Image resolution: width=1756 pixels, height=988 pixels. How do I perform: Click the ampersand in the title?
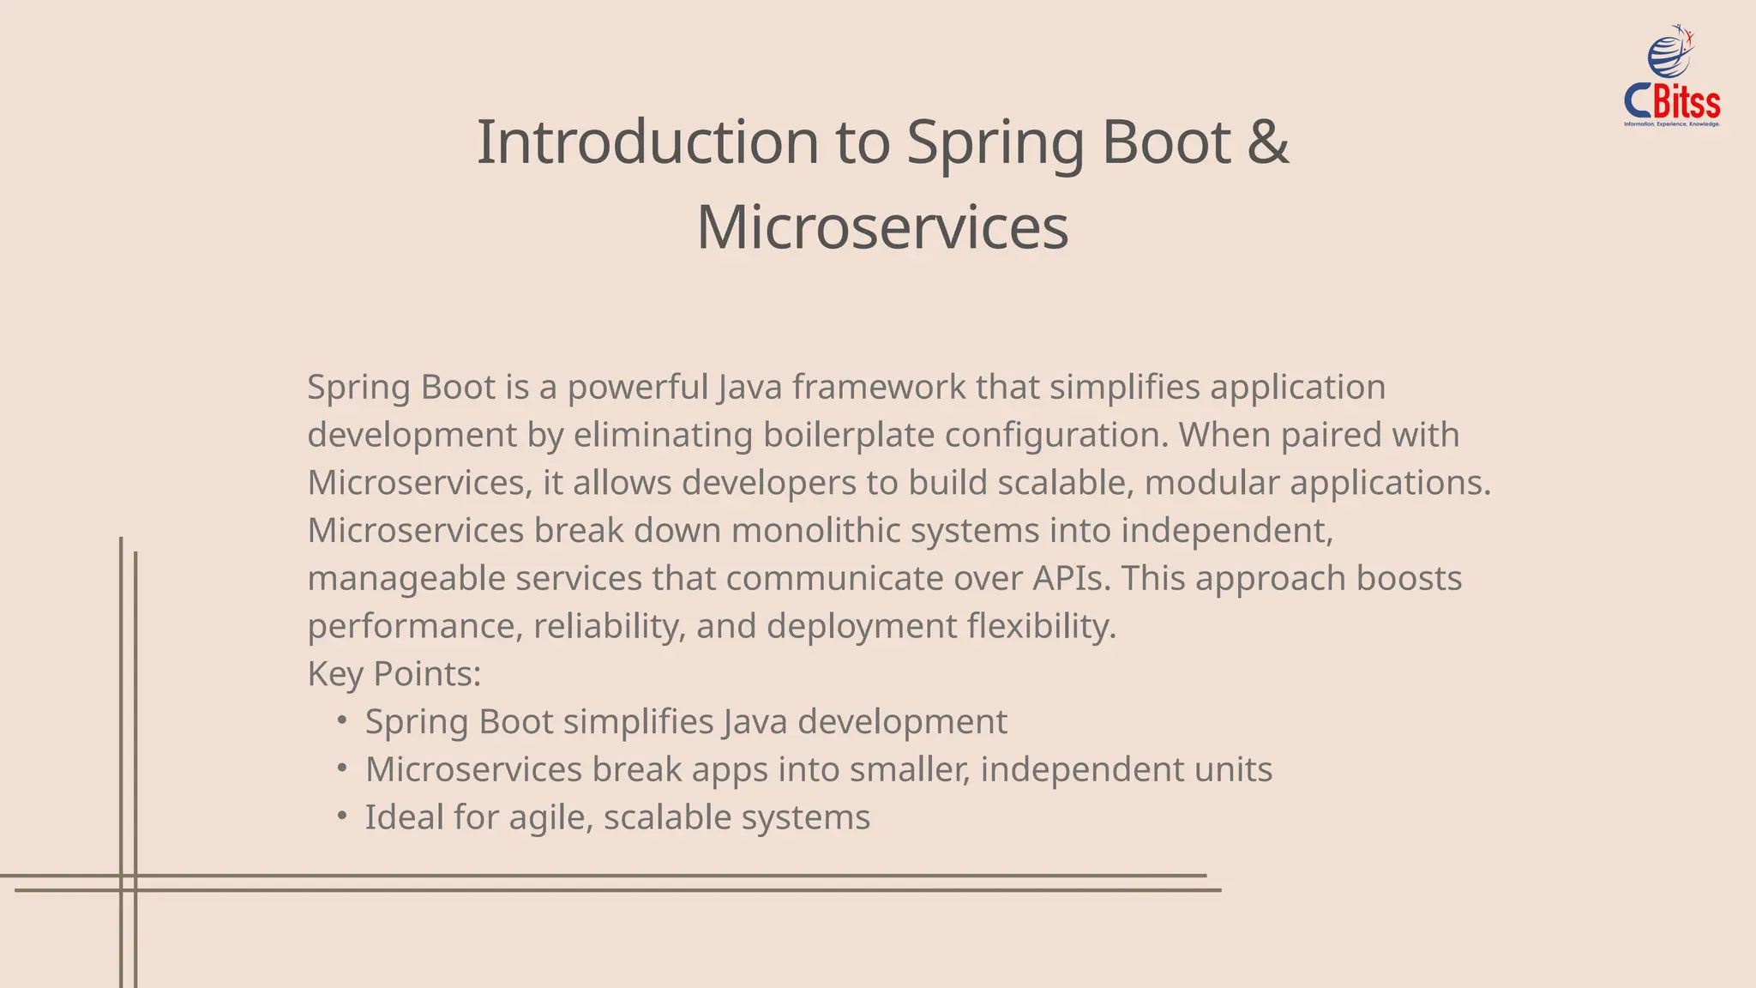tap(1268, 142)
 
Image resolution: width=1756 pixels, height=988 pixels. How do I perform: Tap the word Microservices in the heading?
tap(882, 228)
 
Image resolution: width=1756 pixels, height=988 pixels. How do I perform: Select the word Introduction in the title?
tap(647, 142)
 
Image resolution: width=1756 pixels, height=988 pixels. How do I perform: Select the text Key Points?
tap(394, 674)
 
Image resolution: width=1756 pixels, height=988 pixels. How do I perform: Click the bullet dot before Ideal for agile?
tap(342, 816)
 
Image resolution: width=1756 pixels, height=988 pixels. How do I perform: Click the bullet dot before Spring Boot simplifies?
tap(342, 720)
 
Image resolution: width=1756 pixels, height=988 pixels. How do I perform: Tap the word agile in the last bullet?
tap(550, 818)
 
